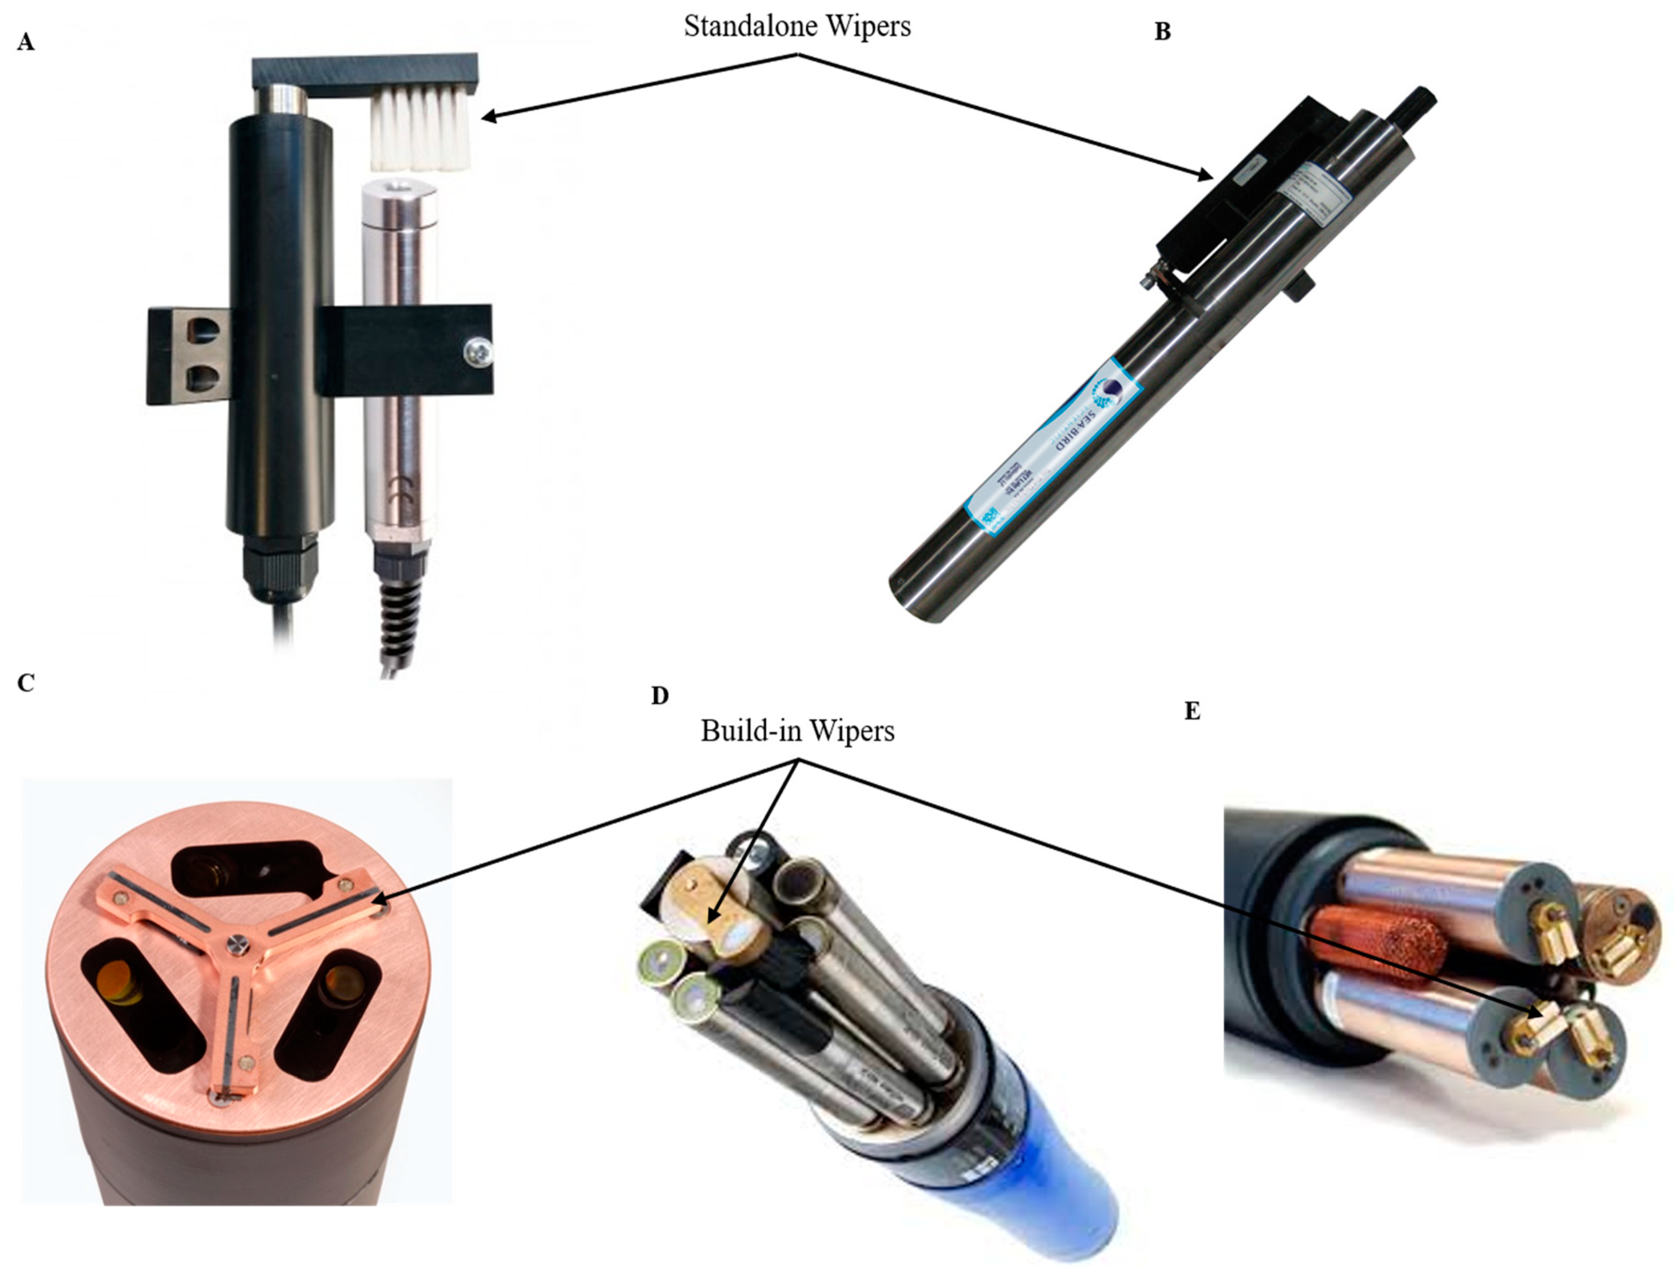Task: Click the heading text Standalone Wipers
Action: pos(796,26)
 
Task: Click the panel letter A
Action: pos(26,43)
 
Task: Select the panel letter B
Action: pos(1162,32)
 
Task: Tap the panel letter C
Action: pos(26,683)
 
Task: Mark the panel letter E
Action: pos(1193,711)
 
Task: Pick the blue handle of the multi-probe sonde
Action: pos(1062,1199)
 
